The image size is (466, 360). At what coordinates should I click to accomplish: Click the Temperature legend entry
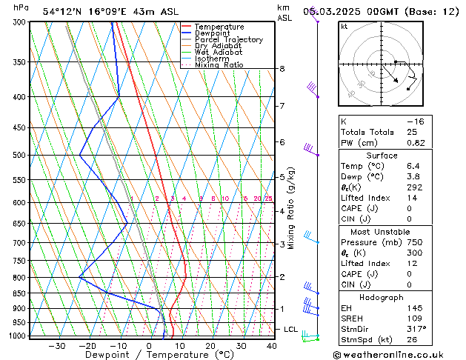(219, 27)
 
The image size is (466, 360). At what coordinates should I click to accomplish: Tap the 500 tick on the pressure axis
(20, 155)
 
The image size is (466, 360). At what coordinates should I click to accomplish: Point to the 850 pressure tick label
(20, 293)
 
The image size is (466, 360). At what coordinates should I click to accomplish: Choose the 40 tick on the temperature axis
(271, 346)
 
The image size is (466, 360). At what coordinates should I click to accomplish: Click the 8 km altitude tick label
(282, 69)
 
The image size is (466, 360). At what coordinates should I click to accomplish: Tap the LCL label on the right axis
(290, 329)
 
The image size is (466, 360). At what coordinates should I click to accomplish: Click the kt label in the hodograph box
(344, 27)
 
